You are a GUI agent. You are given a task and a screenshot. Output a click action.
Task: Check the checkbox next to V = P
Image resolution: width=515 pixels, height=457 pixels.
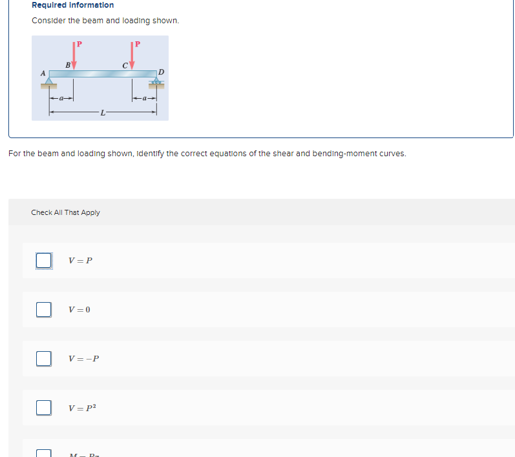[x=43, y=260]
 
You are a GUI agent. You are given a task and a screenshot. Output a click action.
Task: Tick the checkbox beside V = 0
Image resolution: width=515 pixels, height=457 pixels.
[x=43, y=309]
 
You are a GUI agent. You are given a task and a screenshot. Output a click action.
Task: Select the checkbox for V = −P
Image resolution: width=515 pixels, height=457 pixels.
[x=43, y=358]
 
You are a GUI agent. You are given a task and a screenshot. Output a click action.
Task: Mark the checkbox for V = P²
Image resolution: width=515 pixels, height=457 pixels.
[x=43, y=407]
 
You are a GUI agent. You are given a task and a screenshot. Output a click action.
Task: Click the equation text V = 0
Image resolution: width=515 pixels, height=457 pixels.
[x=79, y=310]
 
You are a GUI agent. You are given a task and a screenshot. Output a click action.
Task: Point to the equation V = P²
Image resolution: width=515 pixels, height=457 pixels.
[x=81, y=408]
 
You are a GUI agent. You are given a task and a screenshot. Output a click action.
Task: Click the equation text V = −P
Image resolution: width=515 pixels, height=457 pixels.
[x=83, y=359]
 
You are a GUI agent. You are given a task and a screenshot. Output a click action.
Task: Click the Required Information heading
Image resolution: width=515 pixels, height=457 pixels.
[x=72, y=5]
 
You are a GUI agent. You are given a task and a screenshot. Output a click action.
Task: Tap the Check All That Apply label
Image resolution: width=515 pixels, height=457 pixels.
[x=65, y=212]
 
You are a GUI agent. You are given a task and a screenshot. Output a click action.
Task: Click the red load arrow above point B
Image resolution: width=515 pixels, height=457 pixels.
[x=74, y=56]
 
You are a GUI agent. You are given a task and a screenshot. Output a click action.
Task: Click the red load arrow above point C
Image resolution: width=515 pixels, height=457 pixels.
[x=132, y=56]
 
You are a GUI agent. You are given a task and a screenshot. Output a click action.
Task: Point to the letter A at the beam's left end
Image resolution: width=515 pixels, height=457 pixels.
[x=43, y=74]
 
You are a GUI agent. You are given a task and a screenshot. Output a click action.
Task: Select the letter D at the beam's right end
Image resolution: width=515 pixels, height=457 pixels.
[x=161, y=71]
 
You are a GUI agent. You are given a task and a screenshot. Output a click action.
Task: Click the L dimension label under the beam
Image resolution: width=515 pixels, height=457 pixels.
[x=102, y=113]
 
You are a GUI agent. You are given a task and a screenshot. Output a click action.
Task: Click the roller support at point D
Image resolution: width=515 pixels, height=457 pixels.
[x=156, y=82]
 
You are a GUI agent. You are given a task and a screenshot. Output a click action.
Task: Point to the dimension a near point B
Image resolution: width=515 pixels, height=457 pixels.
[x=62, y=99]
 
